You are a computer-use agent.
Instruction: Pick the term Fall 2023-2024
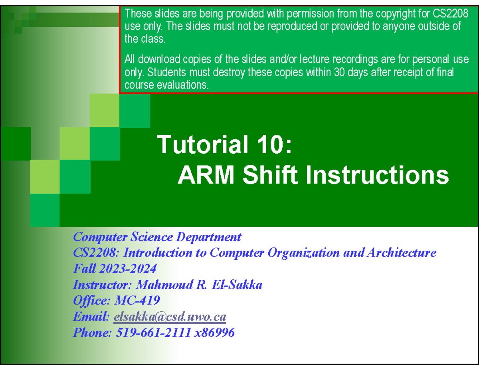[115, 269]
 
